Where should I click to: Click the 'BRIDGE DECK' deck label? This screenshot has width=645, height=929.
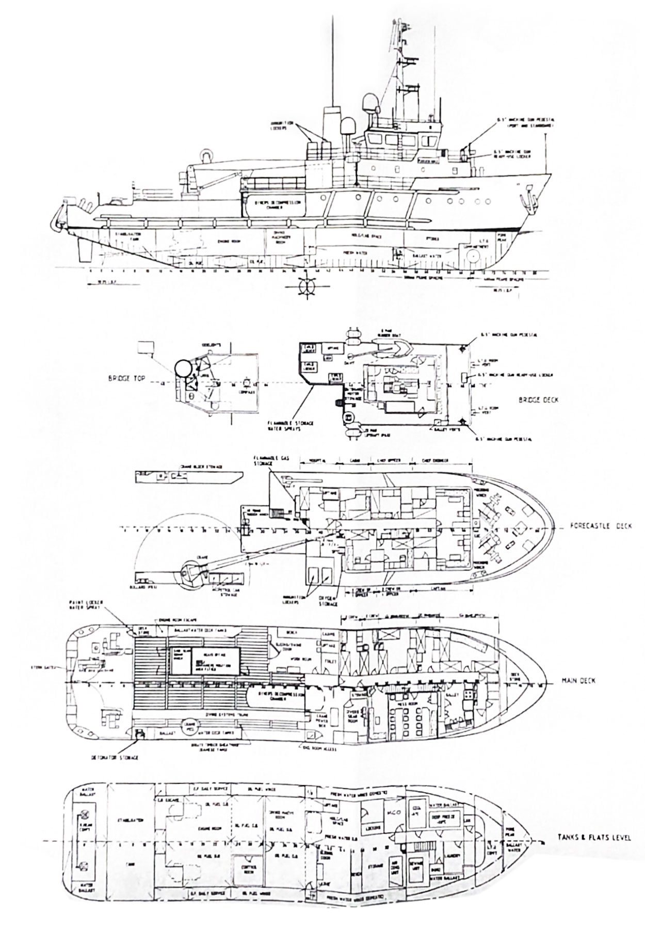[536, 400]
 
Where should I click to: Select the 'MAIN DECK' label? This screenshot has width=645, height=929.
[578, 681]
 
